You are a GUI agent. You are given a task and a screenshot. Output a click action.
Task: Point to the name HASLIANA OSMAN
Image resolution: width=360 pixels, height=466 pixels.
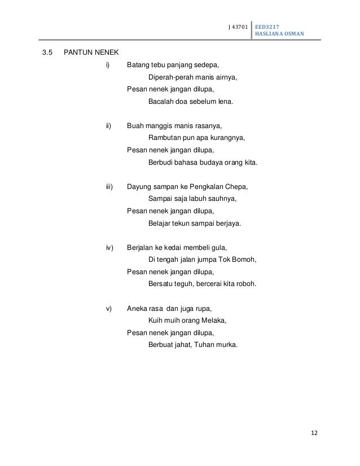pyautogui.click(x=279, y=34)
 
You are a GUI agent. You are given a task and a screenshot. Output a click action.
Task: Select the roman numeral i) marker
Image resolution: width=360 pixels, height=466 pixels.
pyautogui.click(x=108, y=65)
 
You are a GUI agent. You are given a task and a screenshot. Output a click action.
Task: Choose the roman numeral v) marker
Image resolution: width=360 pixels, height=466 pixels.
pyautogui.click(x=109, y=309)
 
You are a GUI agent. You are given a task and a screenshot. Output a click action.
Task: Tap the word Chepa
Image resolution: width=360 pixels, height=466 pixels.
pyautogui.click(x=237, y=187)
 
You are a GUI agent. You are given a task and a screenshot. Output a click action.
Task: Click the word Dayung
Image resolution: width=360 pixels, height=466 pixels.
pyautogui.click(x=139, y=187)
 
